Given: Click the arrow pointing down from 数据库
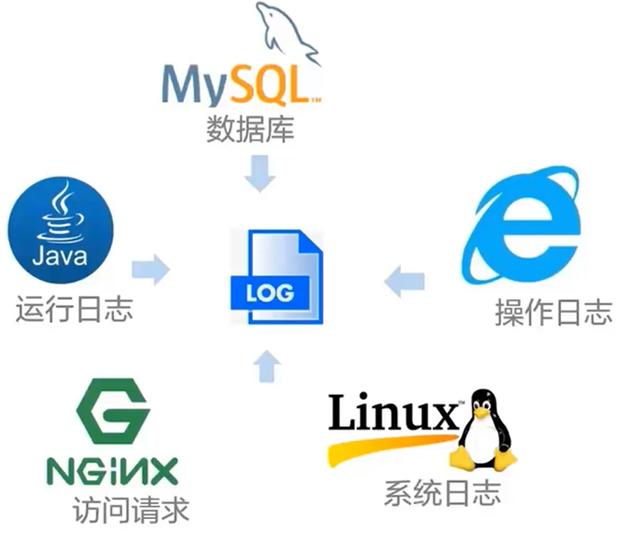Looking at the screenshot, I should click(260, 172).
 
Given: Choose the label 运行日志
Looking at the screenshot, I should click(74, 310).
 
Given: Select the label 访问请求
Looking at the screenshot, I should click(131, 510).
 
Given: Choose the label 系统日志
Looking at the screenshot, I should click(441, 494).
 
